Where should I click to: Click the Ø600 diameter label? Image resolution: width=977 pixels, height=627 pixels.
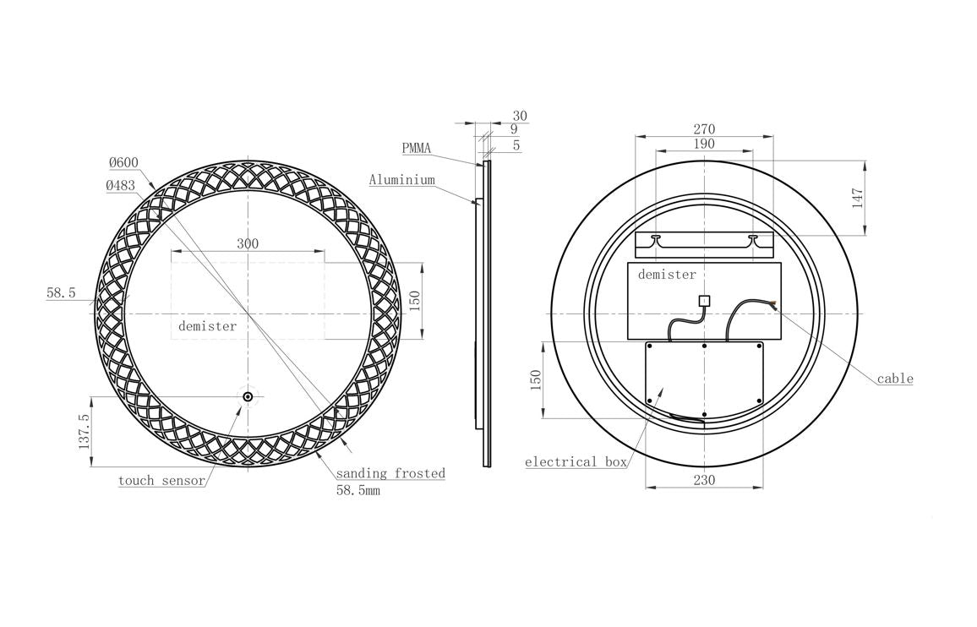click(x=123, y=163)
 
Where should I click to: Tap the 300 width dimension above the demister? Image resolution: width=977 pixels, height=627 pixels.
click(x=248, y=243)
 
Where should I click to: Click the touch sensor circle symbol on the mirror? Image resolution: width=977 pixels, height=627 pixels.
click(x=248, y=397)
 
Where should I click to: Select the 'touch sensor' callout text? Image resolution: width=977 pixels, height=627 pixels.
click(x=161, y=481)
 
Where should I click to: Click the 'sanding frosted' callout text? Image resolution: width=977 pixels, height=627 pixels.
click(x=390, y=473)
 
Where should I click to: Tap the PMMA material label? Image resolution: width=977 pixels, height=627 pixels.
click(x=416, y=149)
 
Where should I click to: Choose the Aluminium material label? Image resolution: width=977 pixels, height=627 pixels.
click(x=402, y=179)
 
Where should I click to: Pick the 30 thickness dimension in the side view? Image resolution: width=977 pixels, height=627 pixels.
click(x=520, y=116)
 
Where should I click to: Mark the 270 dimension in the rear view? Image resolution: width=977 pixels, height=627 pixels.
click(x=704, y=129)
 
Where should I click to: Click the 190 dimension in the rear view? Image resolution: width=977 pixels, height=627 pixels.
click(x=704, y=144)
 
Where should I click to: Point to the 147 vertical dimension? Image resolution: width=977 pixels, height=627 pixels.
click(x=857, y=198)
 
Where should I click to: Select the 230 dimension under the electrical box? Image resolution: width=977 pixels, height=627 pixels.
click(x=704, y=480)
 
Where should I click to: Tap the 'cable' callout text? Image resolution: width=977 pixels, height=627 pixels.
click(x=895, y=379)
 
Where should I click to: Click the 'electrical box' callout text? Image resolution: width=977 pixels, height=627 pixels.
click(x=576, y=461)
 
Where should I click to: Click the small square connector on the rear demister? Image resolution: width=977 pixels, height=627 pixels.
click(x=704, y=300)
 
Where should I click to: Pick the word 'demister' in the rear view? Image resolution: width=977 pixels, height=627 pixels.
click(x=667, y=274)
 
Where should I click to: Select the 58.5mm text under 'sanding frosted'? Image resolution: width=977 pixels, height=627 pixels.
click(x=358, y=490)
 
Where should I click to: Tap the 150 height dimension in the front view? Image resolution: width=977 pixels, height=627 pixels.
click(x=415, y=300)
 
